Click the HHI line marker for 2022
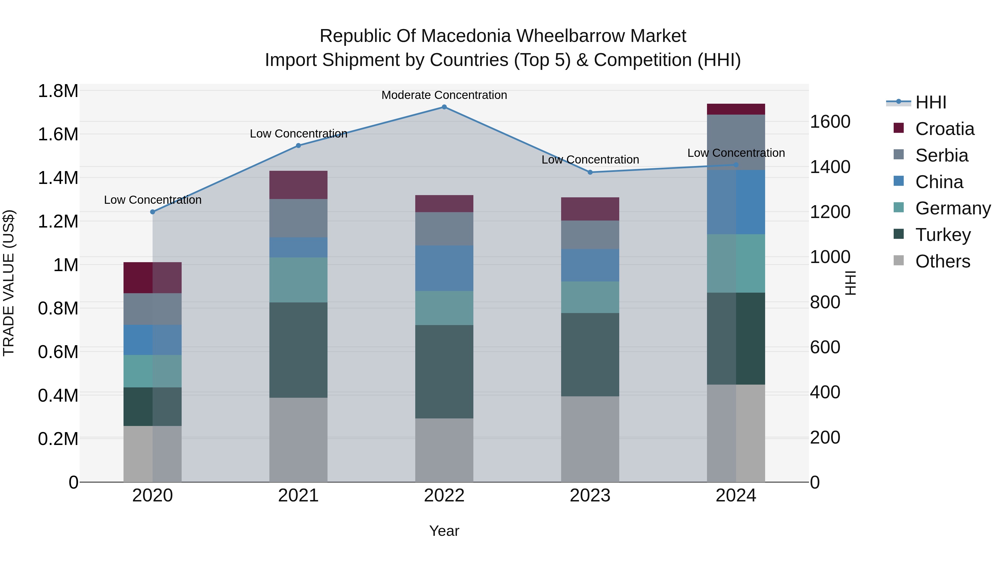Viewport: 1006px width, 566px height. coord(444,107)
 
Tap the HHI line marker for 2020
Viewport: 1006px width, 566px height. coord(153,212)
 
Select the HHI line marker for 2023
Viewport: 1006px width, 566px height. coord(590,172)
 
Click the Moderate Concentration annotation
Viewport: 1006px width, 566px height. coord(444,95)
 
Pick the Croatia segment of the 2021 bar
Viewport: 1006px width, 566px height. coord(298,185)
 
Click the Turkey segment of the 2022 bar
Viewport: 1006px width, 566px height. coord(444,371)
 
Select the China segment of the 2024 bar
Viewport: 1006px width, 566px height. coord(736,202)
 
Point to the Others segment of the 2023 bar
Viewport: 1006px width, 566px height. coord(590,439)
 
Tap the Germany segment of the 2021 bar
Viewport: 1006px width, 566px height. coord(298,280)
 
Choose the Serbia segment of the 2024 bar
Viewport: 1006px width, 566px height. coord(736,142)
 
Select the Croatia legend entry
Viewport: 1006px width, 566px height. coord(934,129)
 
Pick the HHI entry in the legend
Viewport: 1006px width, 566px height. coord(916,102)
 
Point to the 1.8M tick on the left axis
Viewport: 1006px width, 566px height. coord(58,91)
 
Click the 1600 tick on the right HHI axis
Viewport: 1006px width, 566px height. coord(830,122)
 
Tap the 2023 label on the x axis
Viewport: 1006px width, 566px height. coord(590,495)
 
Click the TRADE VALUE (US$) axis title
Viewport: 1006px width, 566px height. coord(9,283)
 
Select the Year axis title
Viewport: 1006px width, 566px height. coord(444,531)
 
